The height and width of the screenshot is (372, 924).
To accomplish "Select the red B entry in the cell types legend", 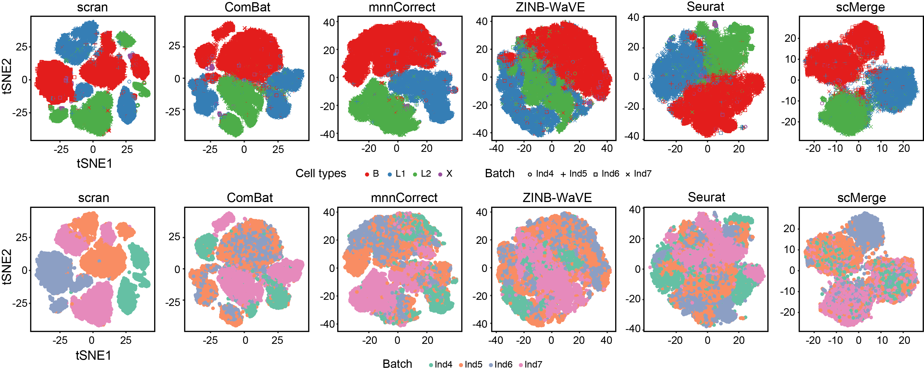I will [372, 174].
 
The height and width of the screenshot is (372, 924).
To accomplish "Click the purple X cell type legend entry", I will [445, 174].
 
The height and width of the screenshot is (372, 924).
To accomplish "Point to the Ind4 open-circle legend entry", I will [540, 174].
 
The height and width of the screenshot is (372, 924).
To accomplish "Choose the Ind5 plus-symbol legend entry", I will [573, 174].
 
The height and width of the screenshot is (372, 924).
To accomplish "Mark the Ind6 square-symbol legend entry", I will [606, 174].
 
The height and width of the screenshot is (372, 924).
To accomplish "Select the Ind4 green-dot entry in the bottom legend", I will [440, 364].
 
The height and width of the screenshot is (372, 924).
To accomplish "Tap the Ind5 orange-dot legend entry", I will [470, 364].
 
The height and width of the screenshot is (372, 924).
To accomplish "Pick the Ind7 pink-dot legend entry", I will [530, 364].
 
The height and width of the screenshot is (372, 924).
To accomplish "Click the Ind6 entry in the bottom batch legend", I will [500, 364].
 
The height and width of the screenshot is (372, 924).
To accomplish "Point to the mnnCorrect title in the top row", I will [402, 7].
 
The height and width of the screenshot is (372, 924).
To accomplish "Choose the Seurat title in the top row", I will [705, 7].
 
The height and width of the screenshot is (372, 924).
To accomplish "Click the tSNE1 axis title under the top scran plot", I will [94, 164].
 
